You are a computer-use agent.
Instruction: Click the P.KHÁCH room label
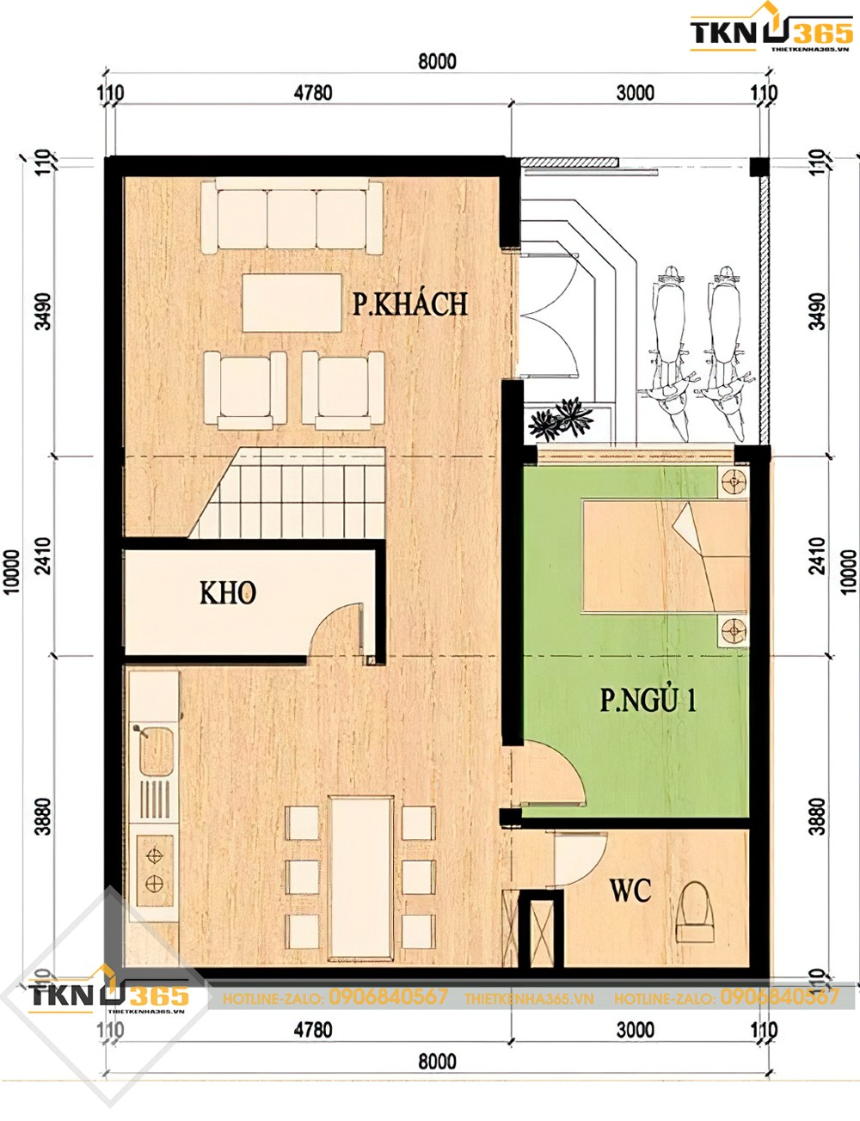[x=410, y=304]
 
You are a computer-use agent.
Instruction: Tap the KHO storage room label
[x=228, y=593]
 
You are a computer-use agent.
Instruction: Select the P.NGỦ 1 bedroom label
[x=648, y=701]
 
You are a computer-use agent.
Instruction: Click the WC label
[x=630, y=891]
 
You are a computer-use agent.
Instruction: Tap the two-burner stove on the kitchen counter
[x=155, y=869]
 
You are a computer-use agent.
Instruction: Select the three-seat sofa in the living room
[x=292, y=217]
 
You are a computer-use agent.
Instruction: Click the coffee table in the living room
[x=292, y=303]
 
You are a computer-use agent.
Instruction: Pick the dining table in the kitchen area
[x=361, y=877]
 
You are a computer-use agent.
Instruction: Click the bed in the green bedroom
[x=664, y=557]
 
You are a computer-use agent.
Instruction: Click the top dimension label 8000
[x=437, y=62]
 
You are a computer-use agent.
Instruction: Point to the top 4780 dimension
[x=312, y=93]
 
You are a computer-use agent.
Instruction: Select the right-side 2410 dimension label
[x=817, y=555]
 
